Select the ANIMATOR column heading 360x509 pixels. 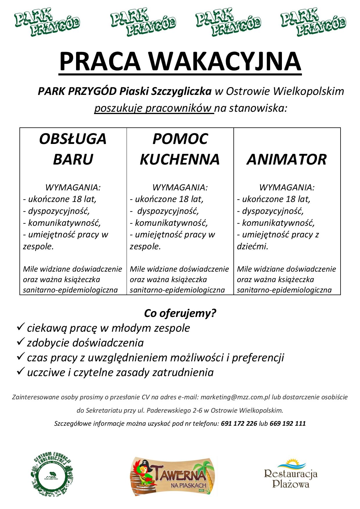click(287, 159)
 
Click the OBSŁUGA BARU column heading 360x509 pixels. click(73, 149)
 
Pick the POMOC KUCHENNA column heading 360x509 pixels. click(180, 149)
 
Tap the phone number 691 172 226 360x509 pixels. click(239, 423)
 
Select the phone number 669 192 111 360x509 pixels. click(287, 423)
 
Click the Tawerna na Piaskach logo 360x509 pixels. click(173, 473)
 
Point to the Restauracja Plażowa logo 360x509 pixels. click(290, 474)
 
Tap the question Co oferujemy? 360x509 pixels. click(180, 313)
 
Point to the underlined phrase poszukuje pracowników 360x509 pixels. click(154, 108)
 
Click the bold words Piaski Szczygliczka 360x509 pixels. click(165, 91)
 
